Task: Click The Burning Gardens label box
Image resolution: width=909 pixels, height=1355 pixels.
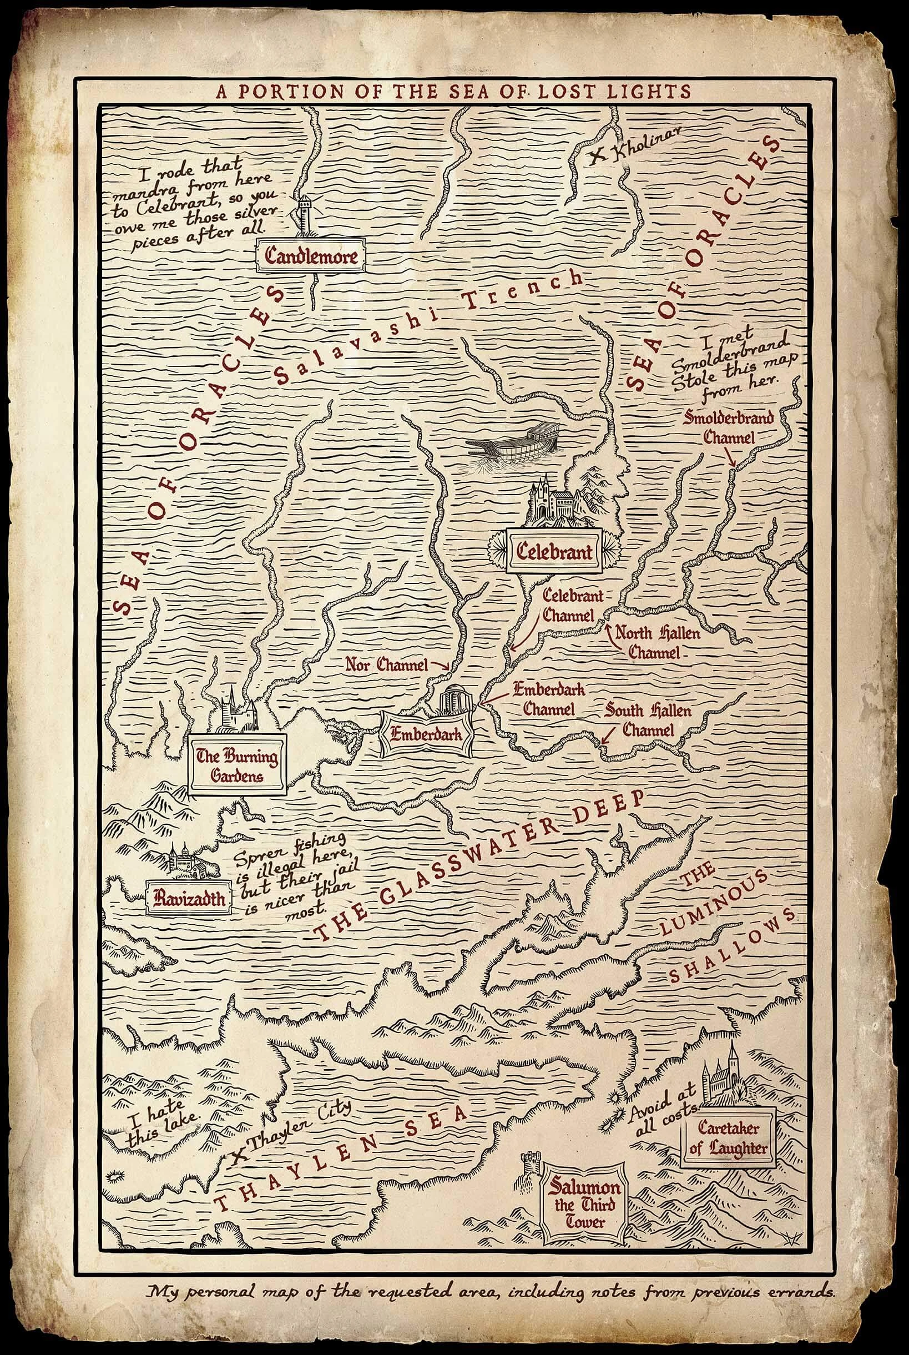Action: pyautogui.click(x=237, y=765)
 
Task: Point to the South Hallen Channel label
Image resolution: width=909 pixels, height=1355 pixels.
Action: pyautogui.click(x=648, y=720)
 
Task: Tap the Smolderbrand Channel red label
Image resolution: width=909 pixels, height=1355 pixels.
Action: pyautogui.click(x=729, y=426)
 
